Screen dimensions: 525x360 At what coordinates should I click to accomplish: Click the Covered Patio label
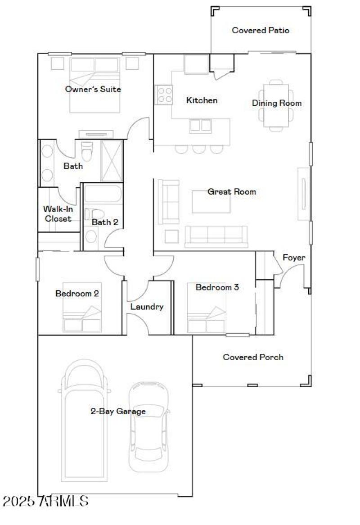point(260,31)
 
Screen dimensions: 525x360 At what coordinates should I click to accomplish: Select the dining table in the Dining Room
point(276,104)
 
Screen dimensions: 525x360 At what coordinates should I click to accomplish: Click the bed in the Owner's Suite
point(95,85)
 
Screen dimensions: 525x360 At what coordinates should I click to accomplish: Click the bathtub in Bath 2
point(103,194)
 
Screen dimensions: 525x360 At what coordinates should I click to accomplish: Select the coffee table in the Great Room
point(211,202)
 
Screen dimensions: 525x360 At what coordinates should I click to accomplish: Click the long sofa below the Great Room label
point(216,236)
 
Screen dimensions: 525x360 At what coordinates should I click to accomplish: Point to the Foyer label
point(293,258)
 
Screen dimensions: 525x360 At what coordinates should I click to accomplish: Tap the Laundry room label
point(147,307)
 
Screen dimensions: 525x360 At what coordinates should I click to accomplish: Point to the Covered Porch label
point(253,357)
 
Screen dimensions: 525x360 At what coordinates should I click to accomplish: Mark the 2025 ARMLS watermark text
point(45,501)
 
